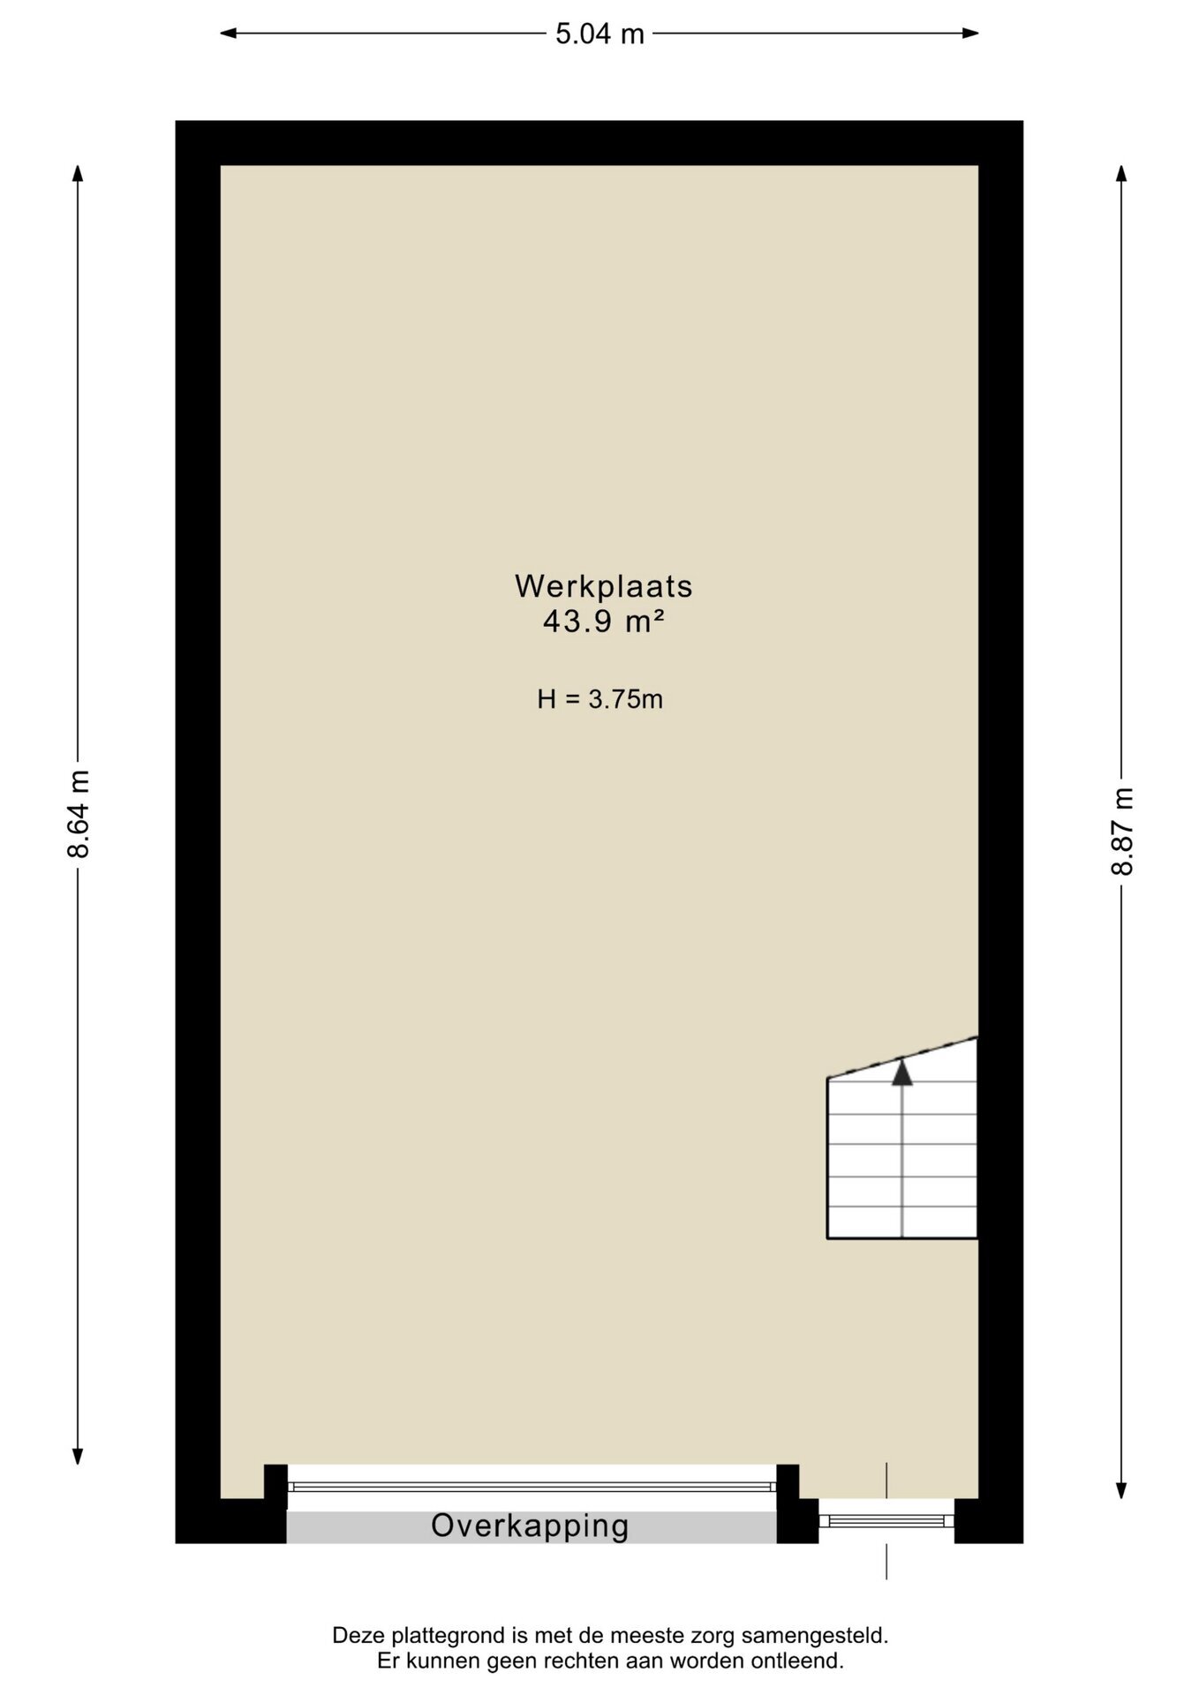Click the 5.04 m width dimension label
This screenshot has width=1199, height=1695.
[599, 34]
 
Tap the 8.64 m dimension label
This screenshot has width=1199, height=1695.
[79, 814]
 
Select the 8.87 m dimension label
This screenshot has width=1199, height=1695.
[1121, 830]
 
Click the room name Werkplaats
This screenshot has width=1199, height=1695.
[604, 585]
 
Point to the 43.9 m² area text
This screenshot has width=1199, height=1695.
[604, 621]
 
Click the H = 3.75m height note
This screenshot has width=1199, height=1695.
[600, 700]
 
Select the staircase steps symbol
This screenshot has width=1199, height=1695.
[901, 1139]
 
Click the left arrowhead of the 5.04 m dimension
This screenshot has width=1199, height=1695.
[228, 34]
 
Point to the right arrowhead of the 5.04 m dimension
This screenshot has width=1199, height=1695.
[970, 34]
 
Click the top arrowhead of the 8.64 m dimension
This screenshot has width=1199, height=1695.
[79, 174]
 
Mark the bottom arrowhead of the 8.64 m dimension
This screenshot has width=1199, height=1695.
[79, 1456]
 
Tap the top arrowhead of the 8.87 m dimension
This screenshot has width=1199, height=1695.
[1121, 174]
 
